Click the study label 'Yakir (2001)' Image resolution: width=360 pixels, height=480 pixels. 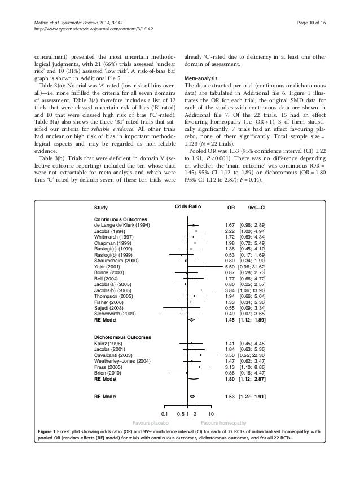coord(107,267)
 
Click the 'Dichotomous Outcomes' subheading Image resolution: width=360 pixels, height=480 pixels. coord(122,337)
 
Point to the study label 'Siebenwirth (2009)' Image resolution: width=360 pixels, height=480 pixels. coord(115,313)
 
